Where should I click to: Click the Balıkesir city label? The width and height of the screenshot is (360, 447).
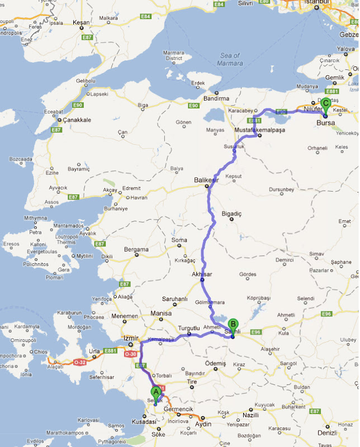(205, 180)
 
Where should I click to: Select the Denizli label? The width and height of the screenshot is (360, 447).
(342, 432)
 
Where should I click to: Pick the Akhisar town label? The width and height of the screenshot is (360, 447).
(202, 275)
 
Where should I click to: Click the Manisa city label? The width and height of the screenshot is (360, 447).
(160, 313)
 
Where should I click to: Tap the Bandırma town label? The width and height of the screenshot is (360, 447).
(216, 98)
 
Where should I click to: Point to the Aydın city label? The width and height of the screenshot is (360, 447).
(202, 425)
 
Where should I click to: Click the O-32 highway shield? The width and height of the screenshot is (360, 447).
(79, 362)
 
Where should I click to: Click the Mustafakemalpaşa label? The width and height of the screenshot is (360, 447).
(260, 130)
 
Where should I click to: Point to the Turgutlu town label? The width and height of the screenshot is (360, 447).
(188, 328)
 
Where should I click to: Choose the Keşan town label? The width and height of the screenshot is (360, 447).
(82, 22)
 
